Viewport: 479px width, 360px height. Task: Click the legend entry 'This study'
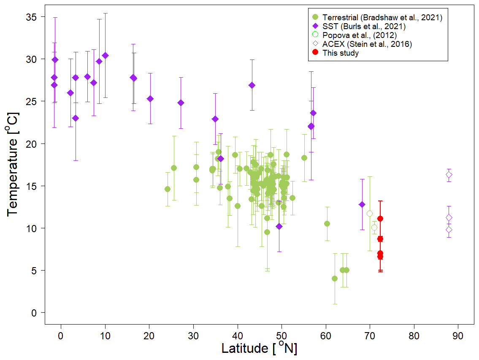340,53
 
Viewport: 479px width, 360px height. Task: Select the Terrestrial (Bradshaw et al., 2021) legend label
382,18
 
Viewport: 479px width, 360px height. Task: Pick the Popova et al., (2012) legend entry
359,35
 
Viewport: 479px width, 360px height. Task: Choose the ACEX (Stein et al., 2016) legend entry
367,44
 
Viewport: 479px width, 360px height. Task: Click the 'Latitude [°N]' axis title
259,349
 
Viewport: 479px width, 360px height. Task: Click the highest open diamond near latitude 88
449,175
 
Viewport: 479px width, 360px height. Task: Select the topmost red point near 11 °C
380,219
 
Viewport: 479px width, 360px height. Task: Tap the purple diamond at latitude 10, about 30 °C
105,56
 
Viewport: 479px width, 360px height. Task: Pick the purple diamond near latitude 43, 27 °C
252,85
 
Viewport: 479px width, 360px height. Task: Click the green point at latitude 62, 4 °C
335,279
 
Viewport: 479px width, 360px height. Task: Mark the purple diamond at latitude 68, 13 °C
362,204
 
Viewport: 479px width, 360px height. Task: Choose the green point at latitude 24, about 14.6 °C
168,189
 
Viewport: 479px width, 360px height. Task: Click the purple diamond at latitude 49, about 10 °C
279,226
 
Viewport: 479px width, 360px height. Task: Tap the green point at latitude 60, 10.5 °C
327,224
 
